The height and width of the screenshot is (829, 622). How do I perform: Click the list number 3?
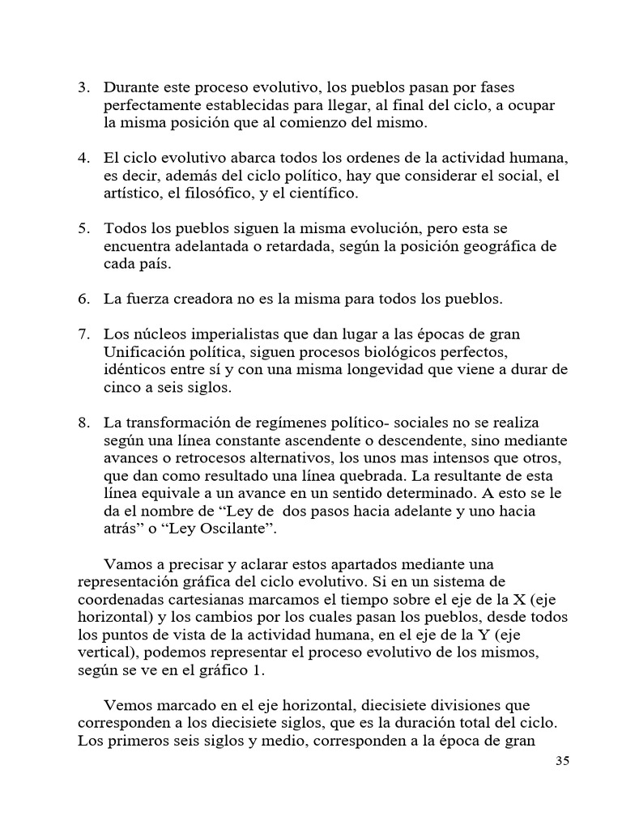coord(83,87)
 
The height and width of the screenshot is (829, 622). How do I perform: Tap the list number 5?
coord(83,228)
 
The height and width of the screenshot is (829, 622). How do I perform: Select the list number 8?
coord(83,423)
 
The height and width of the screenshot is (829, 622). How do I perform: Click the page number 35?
coord(563,761)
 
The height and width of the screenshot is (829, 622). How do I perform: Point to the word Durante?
coord(132,87)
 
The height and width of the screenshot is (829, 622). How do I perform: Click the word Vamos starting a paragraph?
coord(126,564)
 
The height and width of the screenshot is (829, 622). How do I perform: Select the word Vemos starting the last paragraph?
coord(127,706)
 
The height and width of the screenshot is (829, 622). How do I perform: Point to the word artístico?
coord(133,193)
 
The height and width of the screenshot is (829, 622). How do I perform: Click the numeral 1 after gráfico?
coord(260,670)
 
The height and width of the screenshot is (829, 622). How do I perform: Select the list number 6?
coord(83,300)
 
